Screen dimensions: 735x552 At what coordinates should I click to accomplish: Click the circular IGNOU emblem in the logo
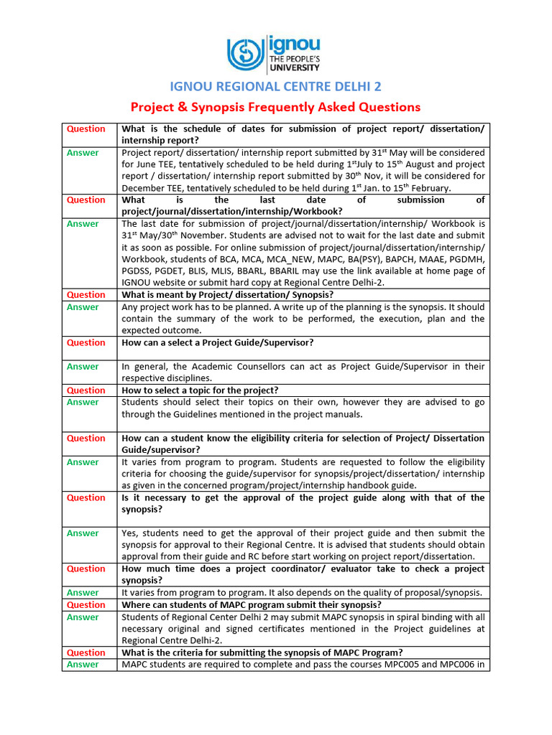246,54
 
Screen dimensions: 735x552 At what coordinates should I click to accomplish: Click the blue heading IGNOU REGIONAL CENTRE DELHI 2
275,87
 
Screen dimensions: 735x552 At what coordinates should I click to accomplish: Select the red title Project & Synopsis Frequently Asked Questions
275,107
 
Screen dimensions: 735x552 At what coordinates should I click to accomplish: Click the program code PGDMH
464,259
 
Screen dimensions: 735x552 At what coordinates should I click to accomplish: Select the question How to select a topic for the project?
200,390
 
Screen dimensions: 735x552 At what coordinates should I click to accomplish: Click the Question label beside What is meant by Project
86,295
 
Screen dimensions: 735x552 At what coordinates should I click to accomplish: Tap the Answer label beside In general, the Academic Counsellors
83,367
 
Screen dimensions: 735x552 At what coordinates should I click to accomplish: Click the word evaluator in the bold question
342,569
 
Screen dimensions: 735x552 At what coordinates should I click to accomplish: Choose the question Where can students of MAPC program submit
240,605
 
